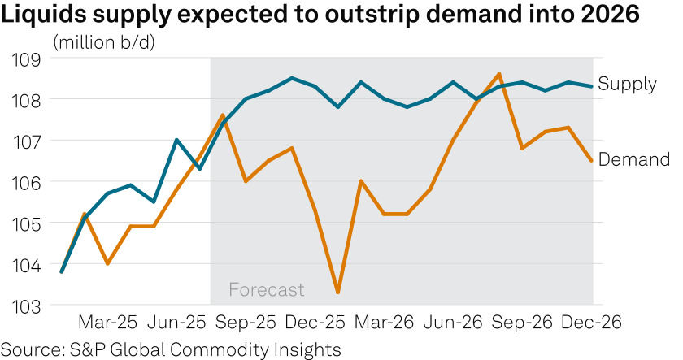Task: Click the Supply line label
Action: (x=627, y=84)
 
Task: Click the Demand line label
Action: (x=633, y=160)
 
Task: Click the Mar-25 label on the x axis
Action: (x=108, y=323)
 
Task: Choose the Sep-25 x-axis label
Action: (x=247, y=323)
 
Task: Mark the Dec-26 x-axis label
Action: (x=592, y=323)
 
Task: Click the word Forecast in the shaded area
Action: (x=266, y=289)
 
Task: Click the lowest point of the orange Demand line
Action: (x=337, y=293)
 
